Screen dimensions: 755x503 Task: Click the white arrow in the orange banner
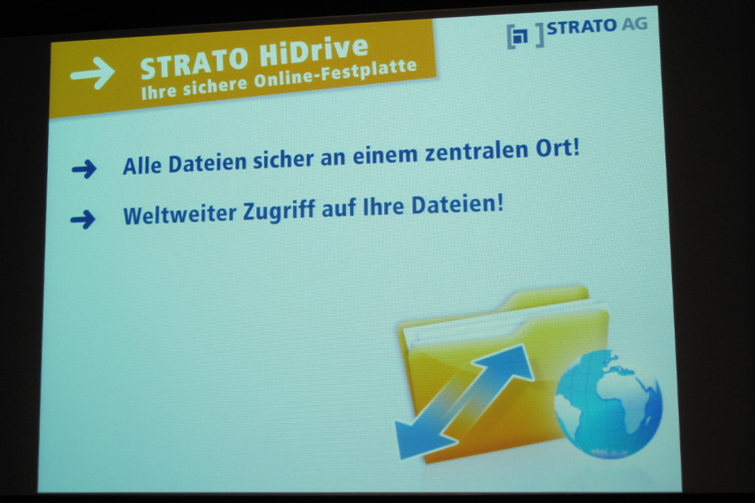point(92,73)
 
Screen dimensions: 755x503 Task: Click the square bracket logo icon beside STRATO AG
point(526,35)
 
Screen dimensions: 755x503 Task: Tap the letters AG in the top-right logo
point(634,24)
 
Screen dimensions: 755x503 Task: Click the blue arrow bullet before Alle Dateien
point(85,169)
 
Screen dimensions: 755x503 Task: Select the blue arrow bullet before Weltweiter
point(83,219)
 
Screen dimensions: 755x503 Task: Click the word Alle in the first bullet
point(142,166)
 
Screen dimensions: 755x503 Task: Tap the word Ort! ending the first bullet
point(558,149)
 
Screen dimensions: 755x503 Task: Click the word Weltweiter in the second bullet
point(180,215)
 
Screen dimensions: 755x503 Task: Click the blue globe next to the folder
point(608,403)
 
